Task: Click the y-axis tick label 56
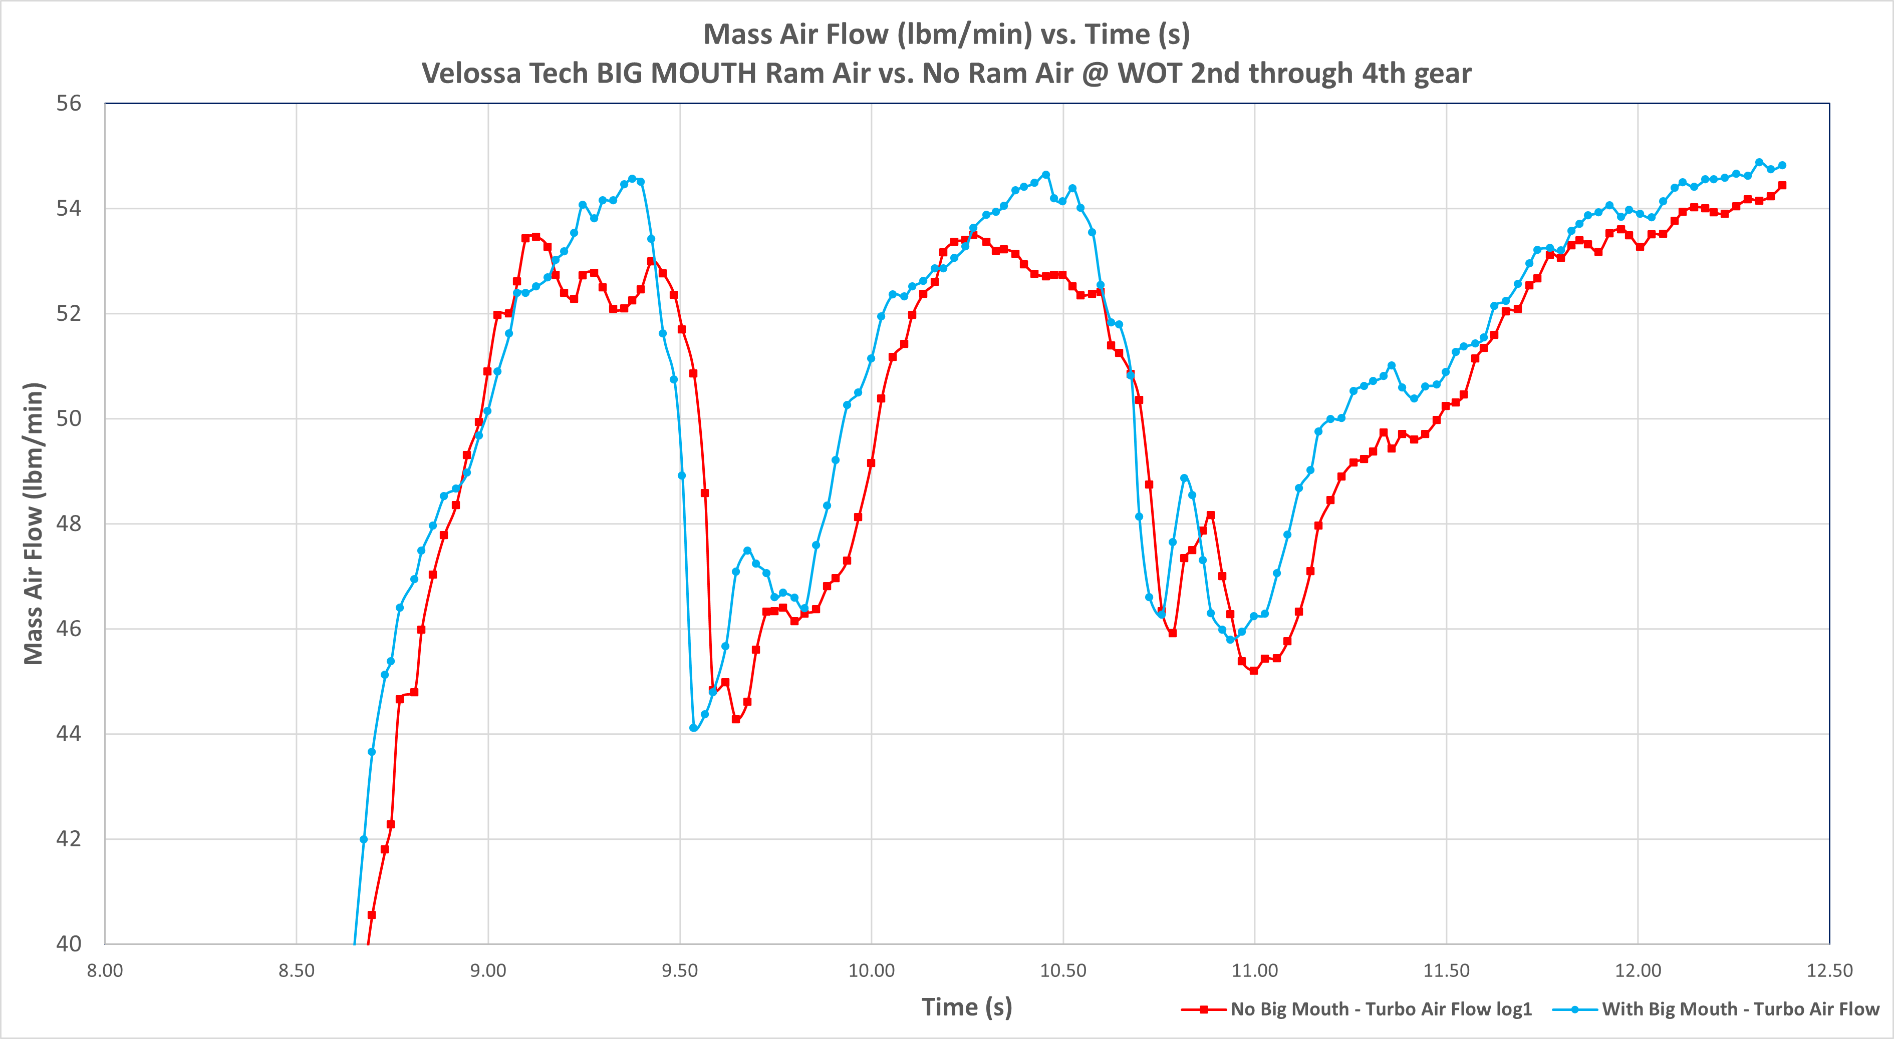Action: [x=69, y=104]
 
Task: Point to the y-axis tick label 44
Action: [x=69, y=734]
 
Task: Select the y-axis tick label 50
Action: [x=69, y=419]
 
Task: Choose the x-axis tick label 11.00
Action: [x=1254, y=970]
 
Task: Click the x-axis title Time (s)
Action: [x=967, y=1006]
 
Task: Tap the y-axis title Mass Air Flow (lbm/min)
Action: [x=34, y=523]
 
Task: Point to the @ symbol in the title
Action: [x=1095, y=74]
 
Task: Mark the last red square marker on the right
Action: [x=1781, y=185]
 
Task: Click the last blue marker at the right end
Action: [x=1781, y=165]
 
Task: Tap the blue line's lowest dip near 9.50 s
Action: [x=693, y=727]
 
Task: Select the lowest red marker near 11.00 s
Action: [x=1254, y=670]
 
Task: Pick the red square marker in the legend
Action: [x=1204, y=1009]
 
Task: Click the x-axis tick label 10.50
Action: [x=1063, y=970]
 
